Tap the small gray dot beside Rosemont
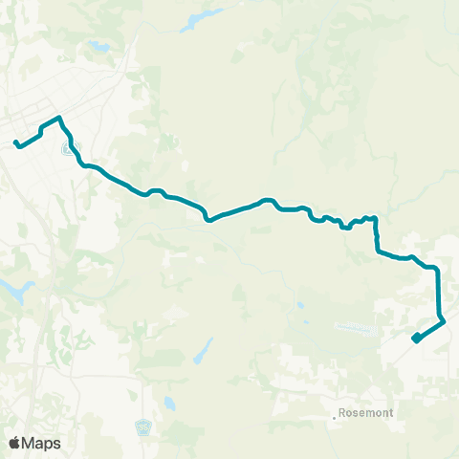[334, 416]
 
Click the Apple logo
[14, 443]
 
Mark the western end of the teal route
[16, 144]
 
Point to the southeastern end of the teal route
[414, 339]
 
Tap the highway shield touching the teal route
[68, 149]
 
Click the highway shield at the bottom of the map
[143, 426]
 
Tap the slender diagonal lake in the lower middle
[202, 351]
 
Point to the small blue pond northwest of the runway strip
[300, 306]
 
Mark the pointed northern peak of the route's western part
[59, 118]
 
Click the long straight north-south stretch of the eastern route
[438, 292]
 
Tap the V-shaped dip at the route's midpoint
[208, 219]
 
